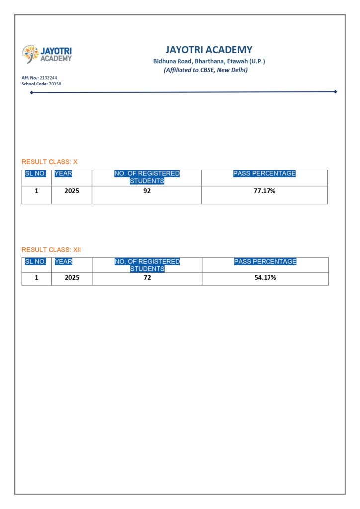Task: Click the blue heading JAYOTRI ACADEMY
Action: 209,50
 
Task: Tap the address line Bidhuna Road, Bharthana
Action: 209,61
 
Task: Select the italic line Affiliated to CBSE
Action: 205,70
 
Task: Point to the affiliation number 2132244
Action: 48,78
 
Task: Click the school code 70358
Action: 55,84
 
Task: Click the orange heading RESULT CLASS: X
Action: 50,162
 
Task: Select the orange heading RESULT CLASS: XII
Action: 51,250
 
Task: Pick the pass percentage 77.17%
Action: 265,191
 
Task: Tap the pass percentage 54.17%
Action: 265,278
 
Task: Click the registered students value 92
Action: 147,191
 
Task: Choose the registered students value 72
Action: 147,278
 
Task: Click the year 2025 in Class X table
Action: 72,191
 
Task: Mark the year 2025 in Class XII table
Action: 72,278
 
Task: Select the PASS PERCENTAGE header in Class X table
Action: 265,173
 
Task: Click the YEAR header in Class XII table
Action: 63,261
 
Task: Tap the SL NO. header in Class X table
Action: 35,173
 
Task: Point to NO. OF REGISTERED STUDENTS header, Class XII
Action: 147,265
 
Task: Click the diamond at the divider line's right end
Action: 335,91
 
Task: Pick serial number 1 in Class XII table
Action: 36,278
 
